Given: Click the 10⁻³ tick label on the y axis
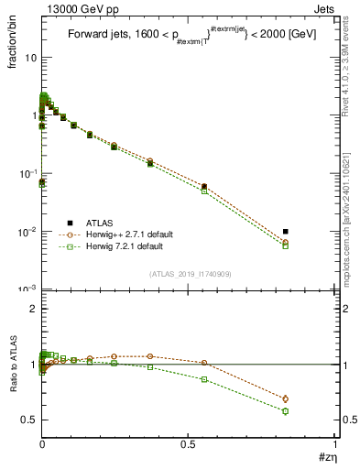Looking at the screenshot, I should [x=28, y=289].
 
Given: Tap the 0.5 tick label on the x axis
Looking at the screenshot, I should [x=188, y=446].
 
